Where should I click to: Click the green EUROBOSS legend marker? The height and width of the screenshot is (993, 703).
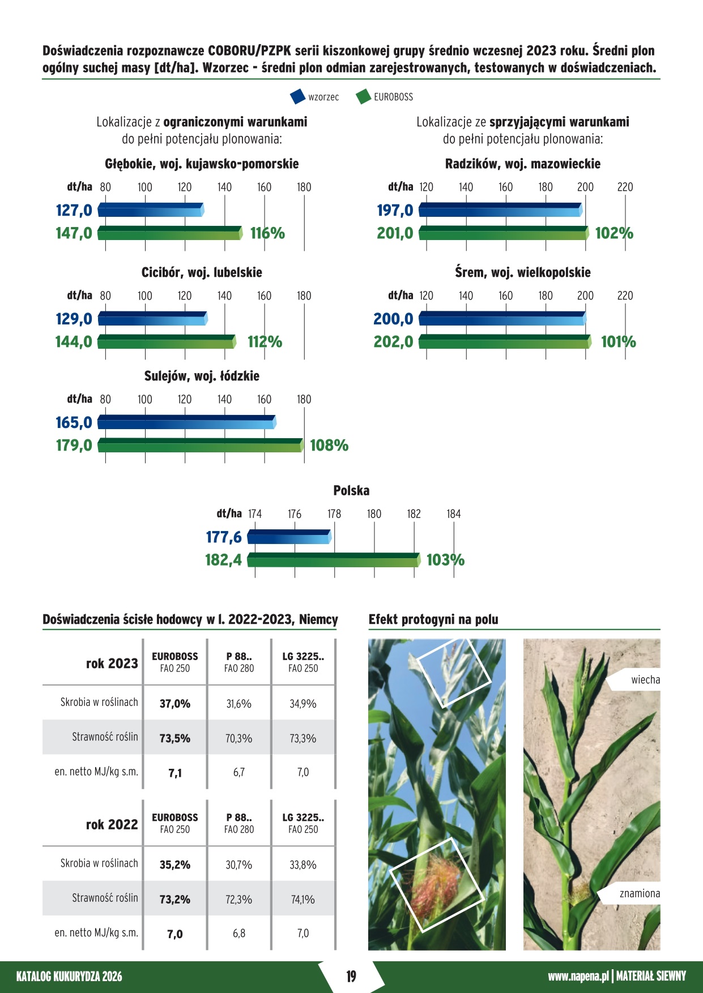pyautogui.click(x=363, y=97)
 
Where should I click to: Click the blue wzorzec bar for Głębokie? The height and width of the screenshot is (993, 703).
pyautogui.click(x=151, y=210)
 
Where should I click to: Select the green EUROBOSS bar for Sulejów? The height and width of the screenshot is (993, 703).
pyautogui.click(x=201, y=446)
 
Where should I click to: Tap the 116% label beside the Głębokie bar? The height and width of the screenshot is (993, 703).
pyautogui.click(x=267, y=233)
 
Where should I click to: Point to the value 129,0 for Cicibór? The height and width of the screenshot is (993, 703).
pyautogui.click(x=74, y=319)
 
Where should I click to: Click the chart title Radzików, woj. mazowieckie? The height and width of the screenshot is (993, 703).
pyautogui.click(x=522, y=164)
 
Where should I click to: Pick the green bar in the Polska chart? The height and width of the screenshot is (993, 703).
pyautogui.click(x=334, y=560)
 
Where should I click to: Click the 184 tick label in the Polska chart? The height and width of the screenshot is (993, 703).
pyautogui.click(x=454, y=514)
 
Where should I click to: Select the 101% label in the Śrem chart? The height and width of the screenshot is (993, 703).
pyautogui.click(x=618, y=342)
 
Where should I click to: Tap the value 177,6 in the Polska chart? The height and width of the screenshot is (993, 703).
pyautogui.click(x=224, y=537)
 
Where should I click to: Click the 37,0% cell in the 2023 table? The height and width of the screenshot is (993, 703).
pyautogui.click(x=175, y=704)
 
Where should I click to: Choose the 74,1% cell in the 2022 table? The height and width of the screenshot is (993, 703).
pyautogui.click(x=303, y=899)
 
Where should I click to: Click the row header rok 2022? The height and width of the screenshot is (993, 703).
pyautogui.click(x=112, y=825)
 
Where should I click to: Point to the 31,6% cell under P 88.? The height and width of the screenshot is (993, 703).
pyautogui.click(x=239, y=704)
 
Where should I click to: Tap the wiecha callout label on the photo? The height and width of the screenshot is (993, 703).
pyautogui.click(x=645, y=680)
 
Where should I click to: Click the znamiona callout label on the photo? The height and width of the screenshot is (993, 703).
pyautogui.click(x=640, y=893)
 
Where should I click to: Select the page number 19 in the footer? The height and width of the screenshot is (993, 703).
pyautogui.click(x=351, y=976)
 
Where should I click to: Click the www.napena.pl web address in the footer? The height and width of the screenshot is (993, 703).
pyautogui.click(x=578, y=976)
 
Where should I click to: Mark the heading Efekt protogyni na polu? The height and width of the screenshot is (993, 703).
pyautogui.click(x=433, y=619)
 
